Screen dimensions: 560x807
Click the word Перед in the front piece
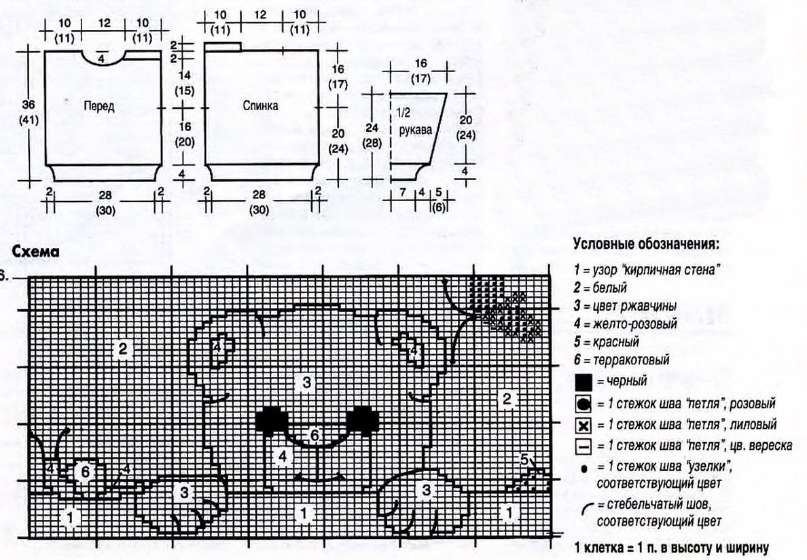coord(99,106)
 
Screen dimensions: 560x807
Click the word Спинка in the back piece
coord(260,106)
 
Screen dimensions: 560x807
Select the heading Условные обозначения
coord(645,245)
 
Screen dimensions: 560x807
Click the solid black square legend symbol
coord(584,381)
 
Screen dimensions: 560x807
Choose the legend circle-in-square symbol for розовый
coord(584,403)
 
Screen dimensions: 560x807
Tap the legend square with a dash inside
coord(584,447)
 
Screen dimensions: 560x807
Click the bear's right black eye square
coord(362,419)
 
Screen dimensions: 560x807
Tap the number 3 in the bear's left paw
coord(184,491)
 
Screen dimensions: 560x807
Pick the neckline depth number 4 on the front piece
coord(101,60)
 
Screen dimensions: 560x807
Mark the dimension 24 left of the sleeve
coord(371,127)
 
